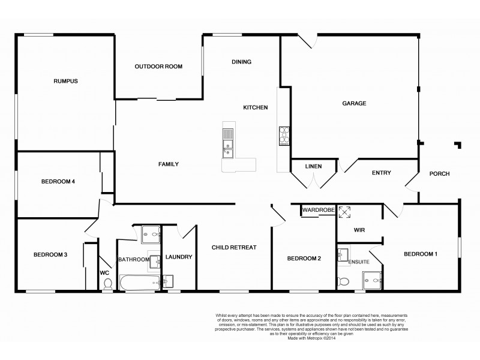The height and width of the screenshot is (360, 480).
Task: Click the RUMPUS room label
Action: click(x=65, y=81)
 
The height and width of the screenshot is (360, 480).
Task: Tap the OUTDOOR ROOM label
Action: click(x=158, y=67)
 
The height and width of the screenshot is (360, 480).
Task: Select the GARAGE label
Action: click(x=354, y=103)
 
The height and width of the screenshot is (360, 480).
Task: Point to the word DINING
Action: click(x=241, y=62)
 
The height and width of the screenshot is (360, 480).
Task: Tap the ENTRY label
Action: click(x=381, y=173)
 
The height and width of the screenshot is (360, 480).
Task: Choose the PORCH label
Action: click(x=439, y=174)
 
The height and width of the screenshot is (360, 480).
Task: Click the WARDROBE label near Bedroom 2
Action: click(x=317, y=211)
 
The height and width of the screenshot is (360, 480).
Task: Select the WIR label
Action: click(x=359, y=230)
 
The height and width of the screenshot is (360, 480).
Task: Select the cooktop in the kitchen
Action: click(x=284, y=135)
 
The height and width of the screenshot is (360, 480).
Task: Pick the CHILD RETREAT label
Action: click(x=234, y=247)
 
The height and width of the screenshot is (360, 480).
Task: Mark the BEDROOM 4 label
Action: click(x=58, y=182)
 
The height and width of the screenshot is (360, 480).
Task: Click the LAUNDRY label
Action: click(x=179, y=257)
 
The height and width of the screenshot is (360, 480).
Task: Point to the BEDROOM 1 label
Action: click(x=420, y=254)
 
